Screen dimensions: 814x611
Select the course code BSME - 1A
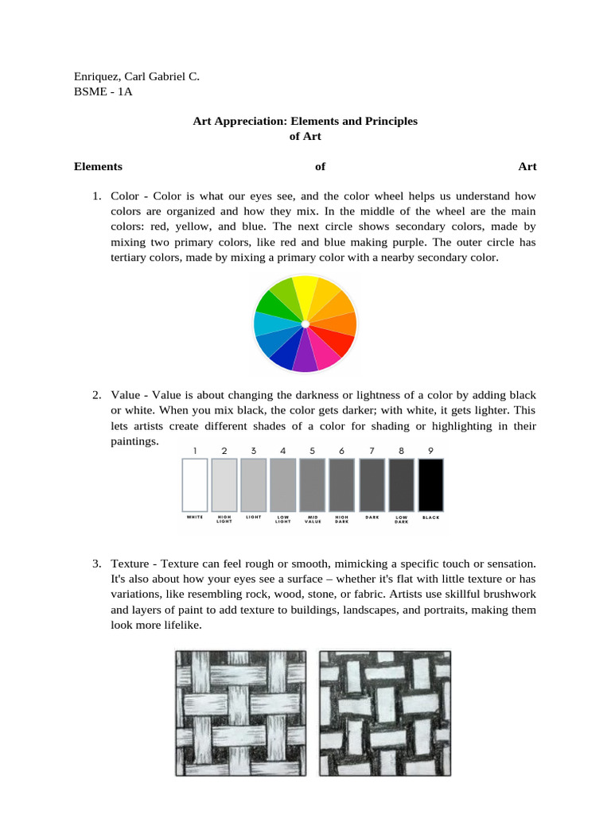tap(103, 91)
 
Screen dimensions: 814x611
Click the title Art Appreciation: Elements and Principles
tap(305, 121)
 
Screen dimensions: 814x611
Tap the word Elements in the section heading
tap(98, 166)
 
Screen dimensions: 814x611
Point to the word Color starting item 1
tap(125, 196)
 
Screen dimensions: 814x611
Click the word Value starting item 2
tap(126, 395)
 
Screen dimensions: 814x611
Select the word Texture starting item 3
tap(132, 564)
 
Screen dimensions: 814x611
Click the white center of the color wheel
tap(305, 324)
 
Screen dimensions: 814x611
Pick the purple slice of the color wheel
tap(305, 357)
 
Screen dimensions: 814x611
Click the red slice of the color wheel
tap(338, 342)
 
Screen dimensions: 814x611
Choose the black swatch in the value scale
tap(430, 484)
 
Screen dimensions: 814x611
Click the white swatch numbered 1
tap(195, 484)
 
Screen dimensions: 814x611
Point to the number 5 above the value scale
tap(313, 451)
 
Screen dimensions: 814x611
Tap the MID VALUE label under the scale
tap(313, 519)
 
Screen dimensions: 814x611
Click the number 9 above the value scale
tap(430, 451)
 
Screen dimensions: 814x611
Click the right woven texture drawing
tap(385, 712)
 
